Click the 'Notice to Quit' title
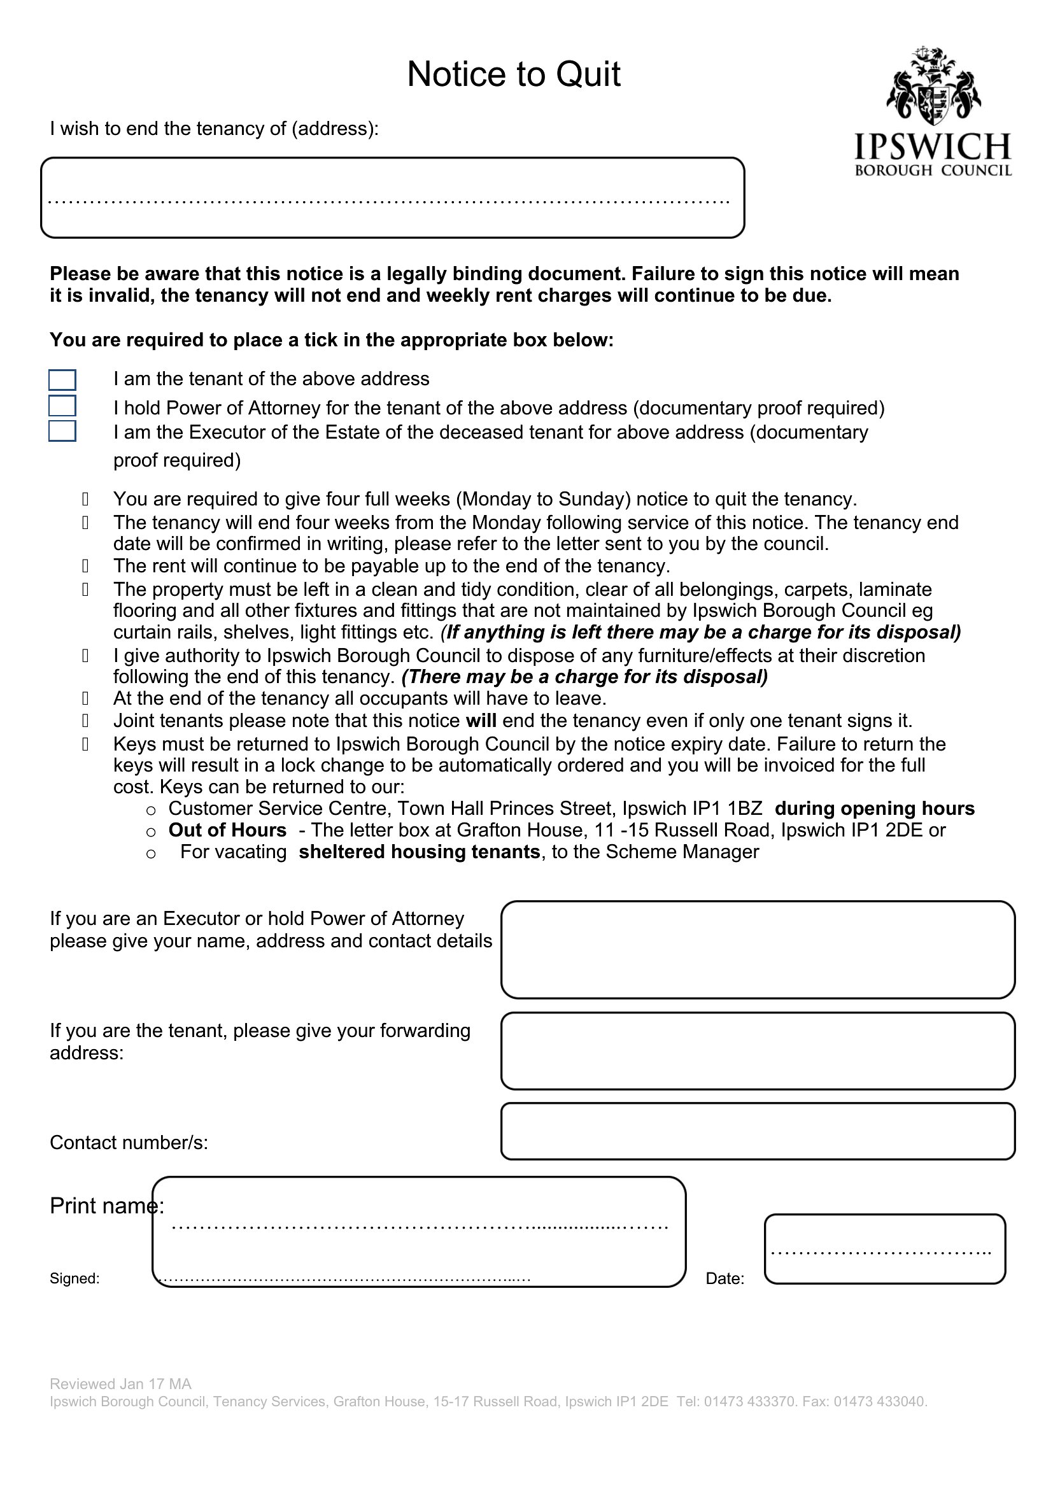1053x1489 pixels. point(514,74)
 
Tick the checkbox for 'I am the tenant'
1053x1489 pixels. point(62,379)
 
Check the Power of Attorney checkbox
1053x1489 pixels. point(62,406)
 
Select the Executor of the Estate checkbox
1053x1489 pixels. point(62,431)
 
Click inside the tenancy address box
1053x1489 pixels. point(392,198)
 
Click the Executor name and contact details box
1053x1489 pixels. point(758,949)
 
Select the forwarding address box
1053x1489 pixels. point(758,1051)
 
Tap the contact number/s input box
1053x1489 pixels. point(758,1131)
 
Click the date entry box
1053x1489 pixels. point(884,1249)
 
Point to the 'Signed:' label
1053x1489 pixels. point(74,1278)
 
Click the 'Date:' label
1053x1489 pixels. point(725,1278)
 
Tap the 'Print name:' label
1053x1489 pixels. point(106,1206)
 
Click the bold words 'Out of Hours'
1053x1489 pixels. point(227,830)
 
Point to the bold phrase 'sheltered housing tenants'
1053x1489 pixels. point(419,852)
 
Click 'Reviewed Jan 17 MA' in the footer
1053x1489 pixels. point(120,1384)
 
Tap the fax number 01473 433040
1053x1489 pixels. point(880,1401)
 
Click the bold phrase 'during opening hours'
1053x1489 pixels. point(875,808)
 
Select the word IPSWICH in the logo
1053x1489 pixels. point(933,146)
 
